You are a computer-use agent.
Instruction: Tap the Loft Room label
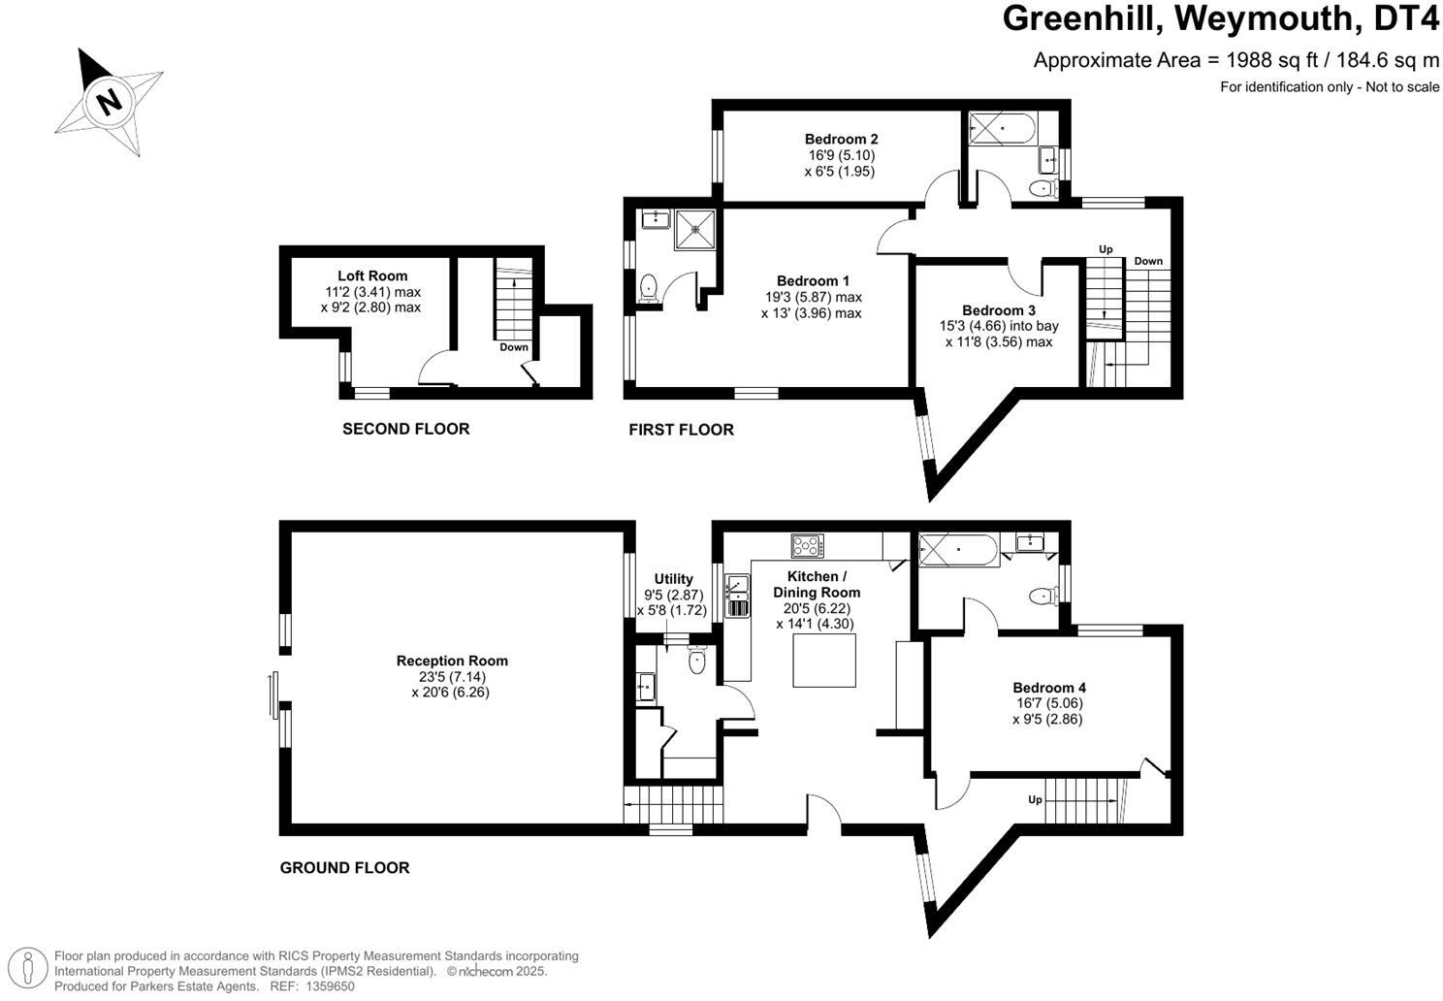pyautogui.click(x=372, y=276)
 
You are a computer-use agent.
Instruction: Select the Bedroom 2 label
pyautogui.click(x=841, y=140)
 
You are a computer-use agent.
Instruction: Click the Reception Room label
pyautogui.click(x=452, y=662)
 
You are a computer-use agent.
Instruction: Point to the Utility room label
pyautogui.click(x=673, y=579)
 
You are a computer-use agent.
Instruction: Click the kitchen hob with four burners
pyautogui.click(x=807, y=546)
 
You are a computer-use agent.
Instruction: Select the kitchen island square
pyautogui.click(x=825, y=664)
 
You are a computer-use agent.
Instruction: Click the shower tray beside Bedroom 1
pyautogui.click(x=694, y=229)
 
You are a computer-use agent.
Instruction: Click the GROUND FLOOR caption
pyautogui.click(x=344, y=868)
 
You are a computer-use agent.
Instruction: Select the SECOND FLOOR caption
pyautogui.click(x=405, y=429)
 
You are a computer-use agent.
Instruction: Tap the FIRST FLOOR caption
pyautogui.click(x=681, y=430)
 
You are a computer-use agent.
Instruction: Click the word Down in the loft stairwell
pyautogui.click(x=514, y=347)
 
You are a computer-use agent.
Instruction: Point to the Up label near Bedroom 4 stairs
pyautogui.click(x=1035, y=800)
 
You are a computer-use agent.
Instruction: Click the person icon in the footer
pyautogui.click(x=29, y=970)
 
